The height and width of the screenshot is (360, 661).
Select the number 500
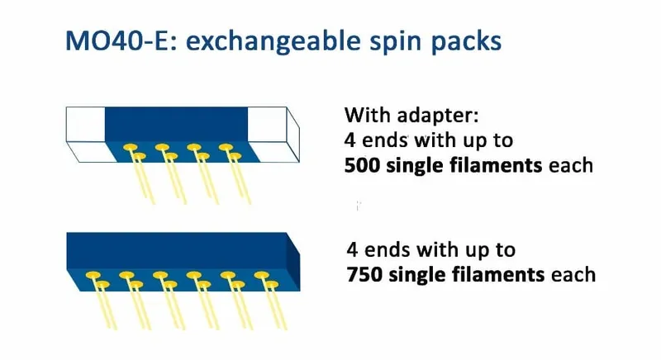point(362,165)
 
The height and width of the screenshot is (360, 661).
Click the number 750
point(364,274)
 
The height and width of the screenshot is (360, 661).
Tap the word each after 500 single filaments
point(571,165)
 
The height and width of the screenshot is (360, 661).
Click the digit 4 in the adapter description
point(350,140)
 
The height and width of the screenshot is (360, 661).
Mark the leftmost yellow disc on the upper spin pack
point(131,147)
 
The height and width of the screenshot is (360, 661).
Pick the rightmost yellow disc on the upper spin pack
point(235,157)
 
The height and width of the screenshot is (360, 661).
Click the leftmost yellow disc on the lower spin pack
point(93,276)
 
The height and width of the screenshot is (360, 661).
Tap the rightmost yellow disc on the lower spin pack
point(272,285)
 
